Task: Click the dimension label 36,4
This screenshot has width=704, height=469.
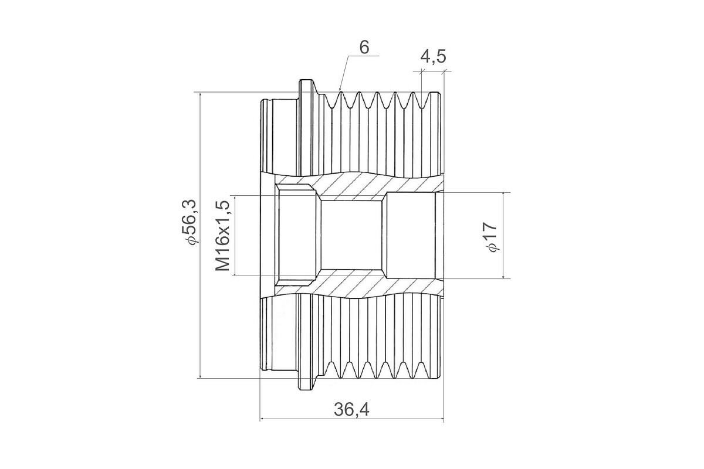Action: pos(351,410)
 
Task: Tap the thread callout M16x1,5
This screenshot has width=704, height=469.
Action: pos(223,236)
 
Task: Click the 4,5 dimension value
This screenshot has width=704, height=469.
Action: pos(433,57)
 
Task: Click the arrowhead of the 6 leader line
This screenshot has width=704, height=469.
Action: pos(340,89)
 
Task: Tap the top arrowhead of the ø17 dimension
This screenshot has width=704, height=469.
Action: pos(503,195)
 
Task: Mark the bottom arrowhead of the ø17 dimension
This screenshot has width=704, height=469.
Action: pos(503,276)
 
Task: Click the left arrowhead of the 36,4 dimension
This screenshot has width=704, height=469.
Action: pos(263,419)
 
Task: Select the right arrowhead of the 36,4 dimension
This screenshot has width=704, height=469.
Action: pos(441,419)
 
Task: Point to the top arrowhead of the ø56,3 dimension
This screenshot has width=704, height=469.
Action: pos(200,95)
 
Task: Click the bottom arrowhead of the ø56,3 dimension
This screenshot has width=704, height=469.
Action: pos(200,375)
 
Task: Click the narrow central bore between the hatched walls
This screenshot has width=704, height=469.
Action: pos(351,235)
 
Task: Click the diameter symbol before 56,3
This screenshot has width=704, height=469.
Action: pos(191,240)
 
